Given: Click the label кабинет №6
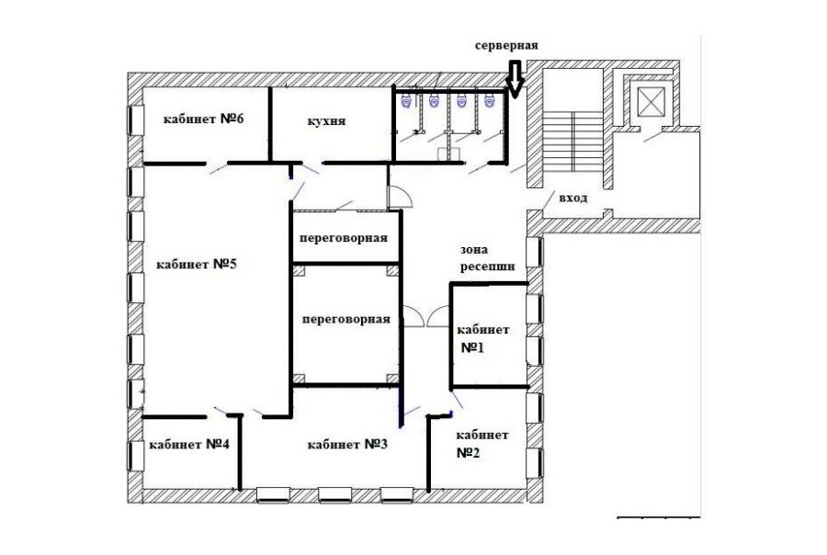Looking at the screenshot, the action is tap(203, 119).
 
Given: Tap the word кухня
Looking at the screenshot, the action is tap(326, 121).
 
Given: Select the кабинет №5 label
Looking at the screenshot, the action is tap(197, 264).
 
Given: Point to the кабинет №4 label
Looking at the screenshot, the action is tap(189, 444).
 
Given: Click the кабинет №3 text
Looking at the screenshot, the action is tap(347, 444).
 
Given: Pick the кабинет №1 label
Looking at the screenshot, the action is tap(482, 339).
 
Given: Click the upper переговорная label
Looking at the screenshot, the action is tap(344, 238).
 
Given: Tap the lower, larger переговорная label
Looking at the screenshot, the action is tap(346, 319).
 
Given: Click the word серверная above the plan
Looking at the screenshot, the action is tap(506, 45).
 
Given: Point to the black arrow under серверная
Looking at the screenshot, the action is tap(515, 79).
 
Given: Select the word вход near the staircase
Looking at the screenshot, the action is tap(573, 198).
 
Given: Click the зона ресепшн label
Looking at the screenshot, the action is tap(487, 258).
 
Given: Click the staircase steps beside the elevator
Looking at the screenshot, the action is tap(573, 141).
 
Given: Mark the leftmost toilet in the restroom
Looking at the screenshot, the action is tap(406, 100).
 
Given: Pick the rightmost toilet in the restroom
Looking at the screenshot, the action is tap(490, 100).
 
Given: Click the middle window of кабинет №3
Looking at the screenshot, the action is tap(334, 495).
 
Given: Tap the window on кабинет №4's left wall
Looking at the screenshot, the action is tap(136, 456).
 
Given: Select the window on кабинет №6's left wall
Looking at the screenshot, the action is tap(136, 120).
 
